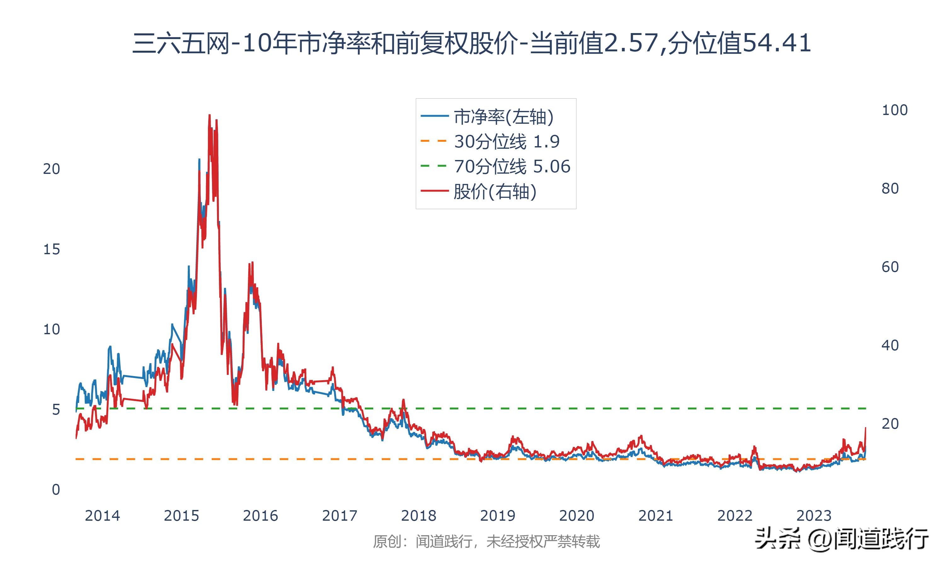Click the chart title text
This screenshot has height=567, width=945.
[x=472, y=43]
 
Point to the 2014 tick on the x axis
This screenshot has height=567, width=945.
[x=102, y=516]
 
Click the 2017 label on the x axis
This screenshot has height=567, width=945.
[x=339, y=516]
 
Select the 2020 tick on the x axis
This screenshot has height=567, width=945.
[x=576, y=516]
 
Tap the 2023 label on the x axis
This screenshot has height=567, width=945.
[x=814, y=516]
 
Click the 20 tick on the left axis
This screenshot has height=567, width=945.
[x=52, y=169]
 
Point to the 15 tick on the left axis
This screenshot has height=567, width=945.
[x=52, y=249]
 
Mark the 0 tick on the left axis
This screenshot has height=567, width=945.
[x=56, y=490]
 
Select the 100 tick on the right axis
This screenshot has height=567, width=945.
[x=894, y=110]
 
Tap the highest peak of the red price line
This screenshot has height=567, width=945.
[x=209, y=115]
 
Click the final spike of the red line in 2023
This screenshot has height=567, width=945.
[x=865, y=428]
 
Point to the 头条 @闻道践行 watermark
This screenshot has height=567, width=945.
[x=842, y=540]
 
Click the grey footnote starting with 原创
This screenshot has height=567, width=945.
[x=486, y=541]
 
